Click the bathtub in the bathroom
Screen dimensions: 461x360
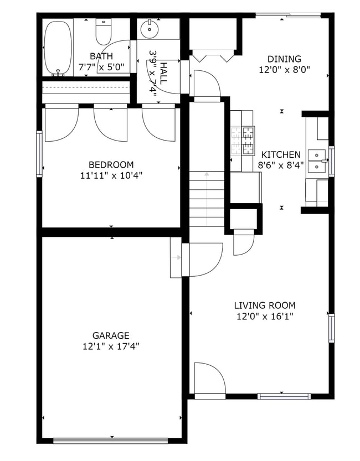click(x=58, y=48)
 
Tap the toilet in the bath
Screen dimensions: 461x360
click(x=104, y=32)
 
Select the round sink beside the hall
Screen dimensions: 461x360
click(x=149, y=28)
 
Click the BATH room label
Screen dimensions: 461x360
click(x=101, y=56)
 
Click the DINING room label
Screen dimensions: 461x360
click(x=284, y=59)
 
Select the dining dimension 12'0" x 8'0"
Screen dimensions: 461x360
click(x=284, y=70)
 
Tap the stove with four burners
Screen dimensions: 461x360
click(x=243, y=141)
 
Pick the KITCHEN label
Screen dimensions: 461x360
click(x=281, y=155)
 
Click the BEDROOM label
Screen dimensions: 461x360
click(x=111, y=165)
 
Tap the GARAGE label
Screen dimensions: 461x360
click(x=111, y=335)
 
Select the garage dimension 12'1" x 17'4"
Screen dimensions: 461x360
click(x=111, y=346)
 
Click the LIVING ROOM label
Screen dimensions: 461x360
click(x=264, y=305)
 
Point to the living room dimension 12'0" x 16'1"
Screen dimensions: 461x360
click(x=264, y=317)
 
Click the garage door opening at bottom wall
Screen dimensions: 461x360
click(x=110, y=441)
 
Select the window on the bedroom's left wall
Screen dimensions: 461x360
click(x=39, y=153)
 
